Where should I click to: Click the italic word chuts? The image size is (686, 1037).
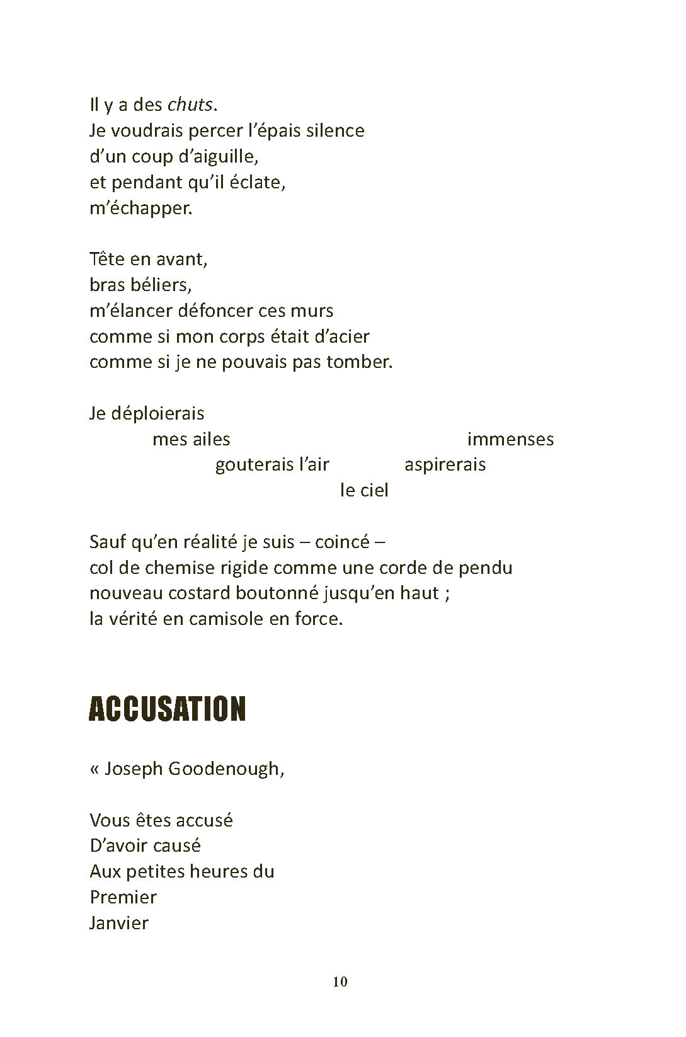click(x=190, y=105)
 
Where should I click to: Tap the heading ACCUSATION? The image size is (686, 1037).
click(x=167, y=709)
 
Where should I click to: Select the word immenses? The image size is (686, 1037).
click(x=510, y=439)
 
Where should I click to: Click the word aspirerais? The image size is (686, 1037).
click(x=445, y=465)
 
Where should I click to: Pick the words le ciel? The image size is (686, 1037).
click(x=364, y=490)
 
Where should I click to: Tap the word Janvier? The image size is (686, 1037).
click(x=119, y=924)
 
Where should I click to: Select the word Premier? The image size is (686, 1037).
click(x=123, y=897)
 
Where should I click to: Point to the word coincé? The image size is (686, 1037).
click(x=341, y=542)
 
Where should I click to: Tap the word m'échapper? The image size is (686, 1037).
click(x=140, y=209)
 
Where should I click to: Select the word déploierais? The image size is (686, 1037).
click(x=157, y=413)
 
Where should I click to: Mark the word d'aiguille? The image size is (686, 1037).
click(x=214, y=156)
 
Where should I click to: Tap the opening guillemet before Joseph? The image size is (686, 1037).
click(x=94, y=769)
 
